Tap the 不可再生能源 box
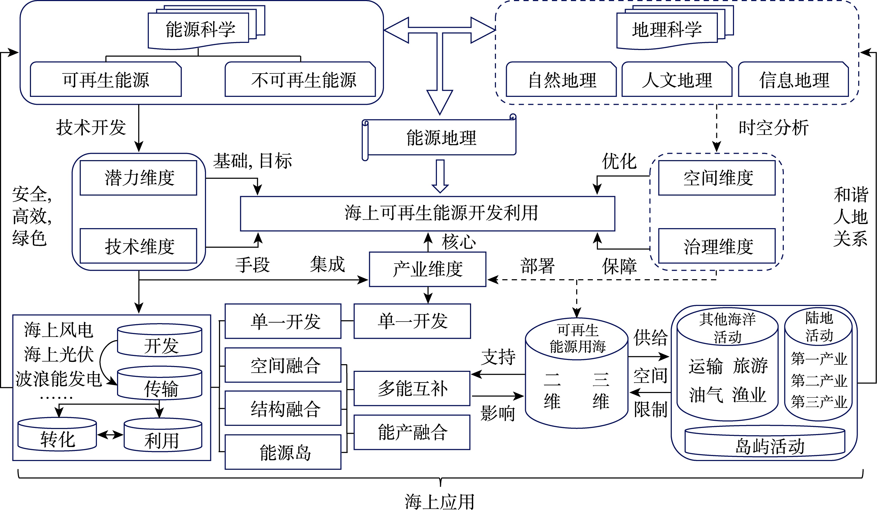300,80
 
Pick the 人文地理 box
677,80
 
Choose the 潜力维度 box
138,178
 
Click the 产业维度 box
427,269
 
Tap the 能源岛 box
283,452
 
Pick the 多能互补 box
412,389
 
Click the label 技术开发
91,127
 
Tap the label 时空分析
773,127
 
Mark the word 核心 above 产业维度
459,242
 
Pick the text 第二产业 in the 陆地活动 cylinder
819,381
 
